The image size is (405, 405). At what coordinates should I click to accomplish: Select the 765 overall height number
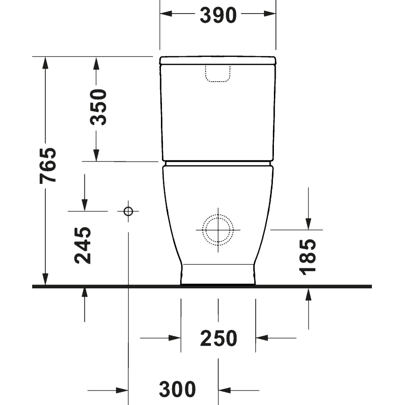(49, 165)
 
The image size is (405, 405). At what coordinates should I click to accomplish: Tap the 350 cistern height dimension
(99, 107)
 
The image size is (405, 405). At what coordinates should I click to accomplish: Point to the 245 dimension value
(84, 245)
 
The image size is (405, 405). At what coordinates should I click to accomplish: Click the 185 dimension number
(307, 256)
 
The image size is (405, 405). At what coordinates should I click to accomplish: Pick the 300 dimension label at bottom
(177, 389)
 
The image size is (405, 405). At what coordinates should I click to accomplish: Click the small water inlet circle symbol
(128, 211)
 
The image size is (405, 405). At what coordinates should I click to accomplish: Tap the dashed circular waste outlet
(218, 230)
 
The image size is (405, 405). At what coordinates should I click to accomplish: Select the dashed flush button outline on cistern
(218, 73)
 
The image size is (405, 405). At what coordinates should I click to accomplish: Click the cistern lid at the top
(218, 60)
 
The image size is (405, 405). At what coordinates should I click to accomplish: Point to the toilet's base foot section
(218, 274)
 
